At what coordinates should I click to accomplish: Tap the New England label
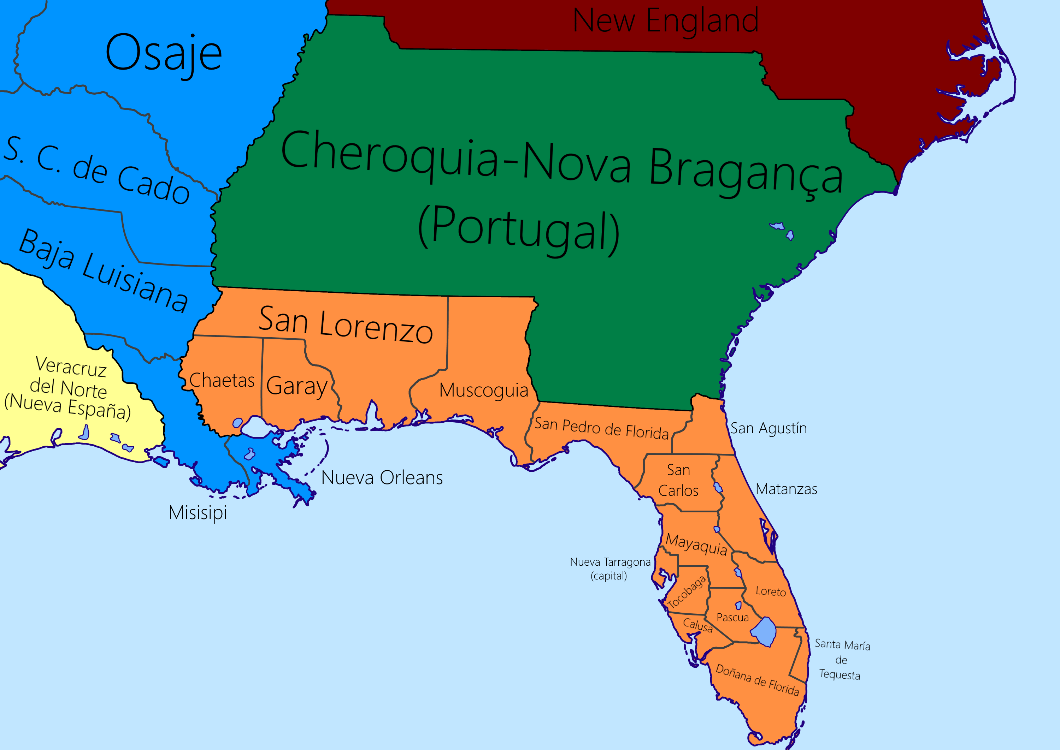665,20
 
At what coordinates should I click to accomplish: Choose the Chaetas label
222,380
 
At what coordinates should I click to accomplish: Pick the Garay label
297,386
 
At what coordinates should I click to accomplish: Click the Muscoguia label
483,390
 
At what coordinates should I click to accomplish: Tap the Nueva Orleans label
382,477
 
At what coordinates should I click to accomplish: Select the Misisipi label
198,513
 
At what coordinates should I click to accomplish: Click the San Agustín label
768,429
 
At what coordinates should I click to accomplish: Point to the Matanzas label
787,489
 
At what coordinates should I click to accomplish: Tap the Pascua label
732,618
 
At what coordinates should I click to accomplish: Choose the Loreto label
770,591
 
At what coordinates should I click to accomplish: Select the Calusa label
698,625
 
